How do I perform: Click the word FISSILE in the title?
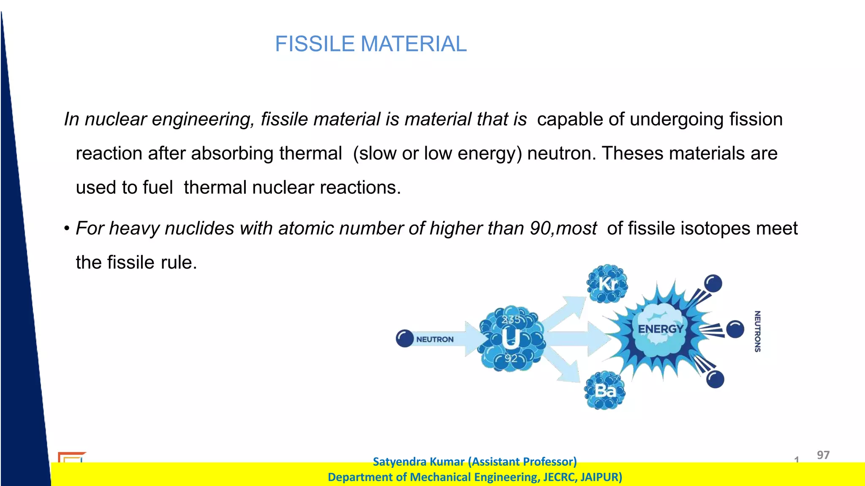(314, 44)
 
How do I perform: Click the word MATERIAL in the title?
(413, 44)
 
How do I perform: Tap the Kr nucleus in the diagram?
(607, 284)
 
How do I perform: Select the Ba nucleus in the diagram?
(605, 391)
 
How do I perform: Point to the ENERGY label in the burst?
(660, 329)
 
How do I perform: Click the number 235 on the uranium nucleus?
(511, 320)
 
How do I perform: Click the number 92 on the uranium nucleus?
(511, 358)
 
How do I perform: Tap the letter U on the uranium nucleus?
(511, 339)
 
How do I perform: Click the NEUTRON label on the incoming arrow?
(435, 339)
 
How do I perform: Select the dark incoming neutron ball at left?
(405, 339)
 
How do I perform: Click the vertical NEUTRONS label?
(757, 331)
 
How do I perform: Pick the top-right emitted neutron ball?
(713, 283)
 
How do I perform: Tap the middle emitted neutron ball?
(735, 329)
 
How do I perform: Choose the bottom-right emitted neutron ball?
(715, 379)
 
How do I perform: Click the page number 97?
(823, 455)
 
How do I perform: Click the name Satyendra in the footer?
(400, 462)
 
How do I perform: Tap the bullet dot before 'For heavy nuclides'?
(67, 229)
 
